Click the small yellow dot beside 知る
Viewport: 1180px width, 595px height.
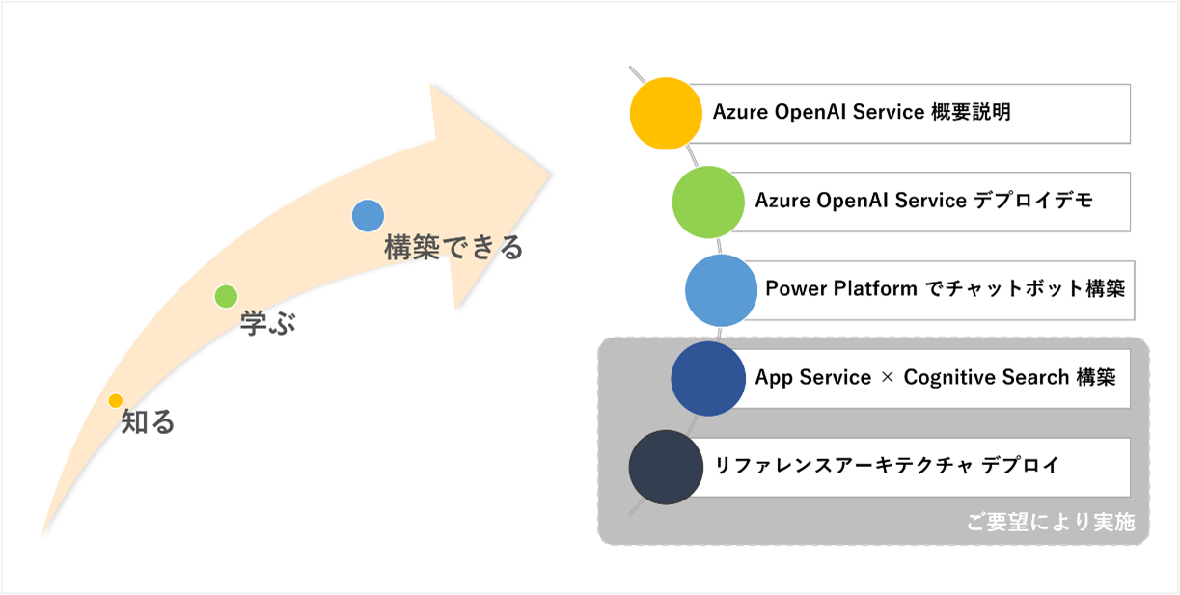coord(116,400)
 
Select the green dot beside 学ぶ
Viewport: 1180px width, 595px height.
coord(226,296)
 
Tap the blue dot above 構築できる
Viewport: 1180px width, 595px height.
coord(368,216)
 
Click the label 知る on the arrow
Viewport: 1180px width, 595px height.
coord(148,422)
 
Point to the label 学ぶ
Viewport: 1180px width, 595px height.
coord(267,324)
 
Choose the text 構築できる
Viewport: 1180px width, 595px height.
coord(453,248)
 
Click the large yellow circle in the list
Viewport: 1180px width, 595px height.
coord(666,114)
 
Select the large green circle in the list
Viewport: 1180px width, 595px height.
coord(708,202)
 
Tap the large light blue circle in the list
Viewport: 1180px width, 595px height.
coord(721,289)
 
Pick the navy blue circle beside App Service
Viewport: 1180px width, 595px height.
coord(707,379)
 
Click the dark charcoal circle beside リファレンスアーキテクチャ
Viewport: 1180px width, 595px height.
coord(665,468)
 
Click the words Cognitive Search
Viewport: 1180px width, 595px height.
coord(985,378)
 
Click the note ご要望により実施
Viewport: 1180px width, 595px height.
coord(1051,523)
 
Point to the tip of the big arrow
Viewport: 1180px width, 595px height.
coord(550,174)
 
